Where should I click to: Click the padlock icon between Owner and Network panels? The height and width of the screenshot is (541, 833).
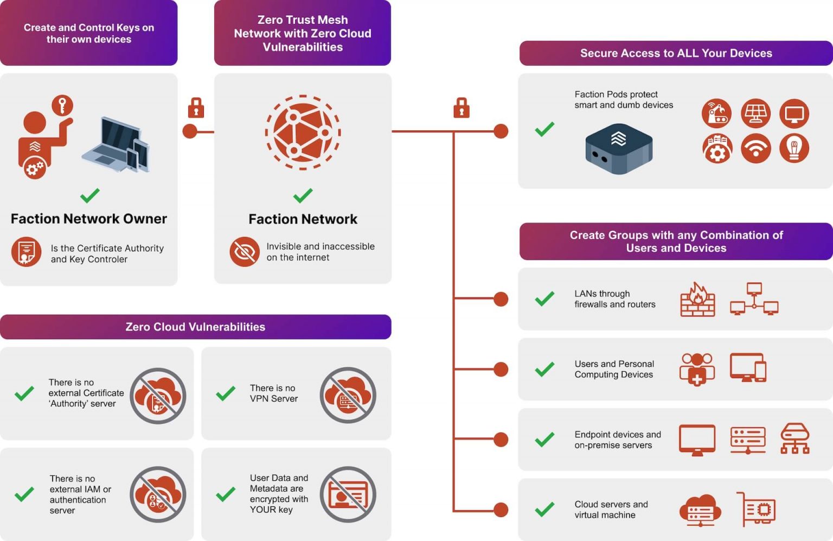pos(196,108)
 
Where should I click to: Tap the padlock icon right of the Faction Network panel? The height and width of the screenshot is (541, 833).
pos(461,108)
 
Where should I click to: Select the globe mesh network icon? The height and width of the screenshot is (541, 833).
pos(303,132)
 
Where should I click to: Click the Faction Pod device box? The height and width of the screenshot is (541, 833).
pos(619,148)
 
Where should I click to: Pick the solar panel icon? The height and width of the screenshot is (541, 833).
pos(755,113)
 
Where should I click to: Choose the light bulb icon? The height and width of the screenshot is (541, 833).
pos(794,148)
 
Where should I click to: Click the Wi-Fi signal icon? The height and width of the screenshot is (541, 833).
pos(755,148)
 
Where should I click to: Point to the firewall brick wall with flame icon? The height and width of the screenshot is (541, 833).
pos(697,300)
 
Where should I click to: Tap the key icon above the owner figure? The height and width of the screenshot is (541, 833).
pos(62,105)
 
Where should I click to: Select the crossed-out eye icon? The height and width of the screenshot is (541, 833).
pos(245,252)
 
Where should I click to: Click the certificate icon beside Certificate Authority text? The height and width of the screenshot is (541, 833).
pos(26,252)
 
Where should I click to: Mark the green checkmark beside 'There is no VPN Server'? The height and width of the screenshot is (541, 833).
pos(226,393)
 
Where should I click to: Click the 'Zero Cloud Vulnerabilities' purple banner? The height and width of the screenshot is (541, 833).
pos(195,327)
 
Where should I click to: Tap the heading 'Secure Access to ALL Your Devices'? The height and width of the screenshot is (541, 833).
pos(676,53)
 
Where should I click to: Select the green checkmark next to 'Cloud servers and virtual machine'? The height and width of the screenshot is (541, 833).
pos(544,510)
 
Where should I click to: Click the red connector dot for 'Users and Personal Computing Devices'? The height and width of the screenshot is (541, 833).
pos(501,370)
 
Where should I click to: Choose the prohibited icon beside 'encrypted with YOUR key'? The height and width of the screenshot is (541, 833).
pos(348,494)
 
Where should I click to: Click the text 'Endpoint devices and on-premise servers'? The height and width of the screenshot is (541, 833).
pos(617,440)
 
